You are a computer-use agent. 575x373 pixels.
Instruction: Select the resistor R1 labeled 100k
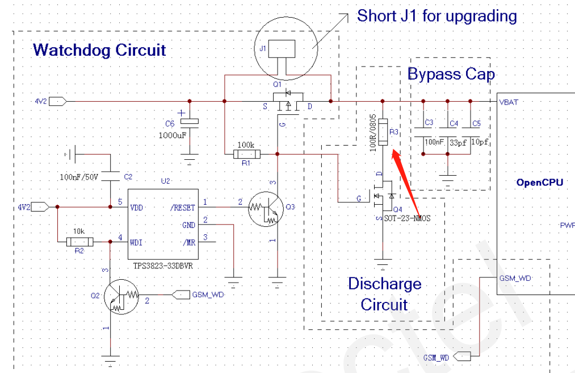coord(246,154)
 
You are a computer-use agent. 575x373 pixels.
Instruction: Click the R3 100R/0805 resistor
coord(383,131)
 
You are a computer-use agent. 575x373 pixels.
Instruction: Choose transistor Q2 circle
coord(122,296)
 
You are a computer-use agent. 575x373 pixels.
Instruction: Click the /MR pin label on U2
coord(189,242)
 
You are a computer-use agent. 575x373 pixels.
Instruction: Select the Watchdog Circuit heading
coord(99,49)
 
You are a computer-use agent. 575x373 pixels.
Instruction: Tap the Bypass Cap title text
coord(451,74)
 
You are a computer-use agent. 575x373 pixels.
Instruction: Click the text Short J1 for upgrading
coord(437,16)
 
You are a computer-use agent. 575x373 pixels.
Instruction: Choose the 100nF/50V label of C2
coord(79,177)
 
